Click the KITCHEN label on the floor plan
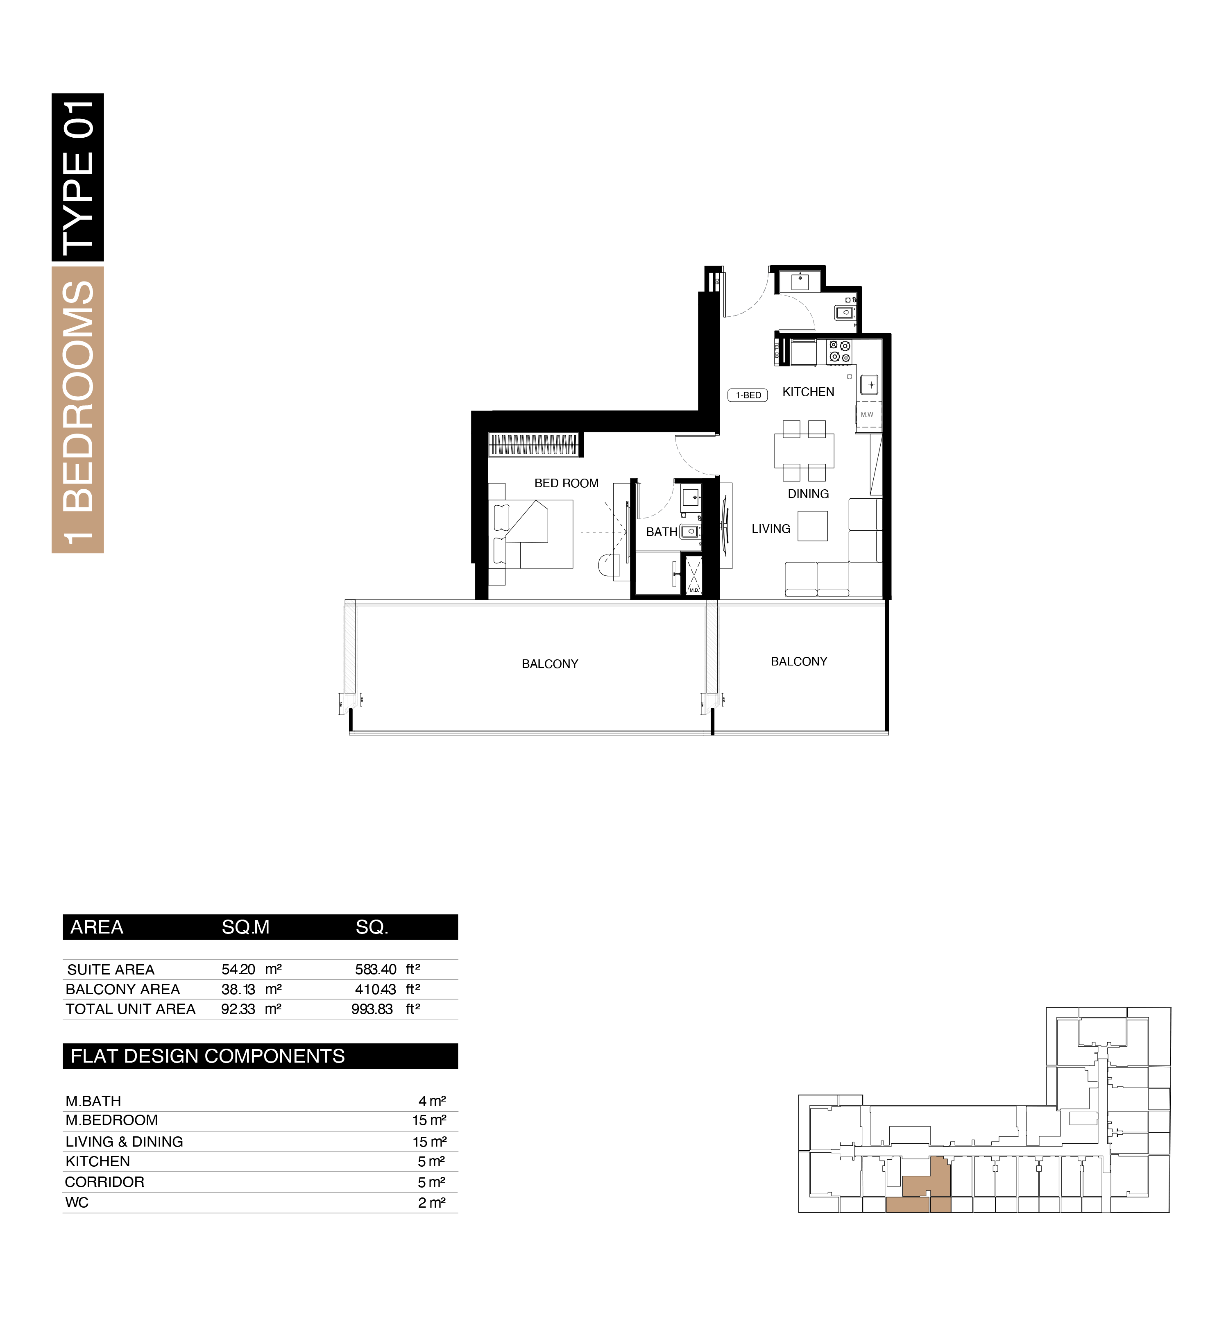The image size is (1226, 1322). point(808,391)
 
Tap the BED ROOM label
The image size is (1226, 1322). point(567,483)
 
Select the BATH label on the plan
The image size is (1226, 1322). point(662,532)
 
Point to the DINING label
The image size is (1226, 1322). point(808,494)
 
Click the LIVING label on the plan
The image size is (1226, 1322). point(771,529)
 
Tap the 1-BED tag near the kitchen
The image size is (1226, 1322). point(748,395)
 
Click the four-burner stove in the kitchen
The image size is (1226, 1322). point(839,352)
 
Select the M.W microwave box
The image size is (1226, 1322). point(868,414)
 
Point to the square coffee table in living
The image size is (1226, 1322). point(813,526)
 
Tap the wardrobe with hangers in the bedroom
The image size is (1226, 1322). point(534,444)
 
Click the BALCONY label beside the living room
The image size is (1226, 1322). point(799,662)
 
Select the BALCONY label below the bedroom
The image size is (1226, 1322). point(550,663)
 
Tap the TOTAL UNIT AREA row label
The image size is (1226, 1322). point(131,1009)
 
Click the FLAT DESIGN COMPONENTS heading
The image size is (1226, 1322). point(208,1056)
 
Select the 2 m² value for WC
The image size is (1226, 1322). point(432,1202)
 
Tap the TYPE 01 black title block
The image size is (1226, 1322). point(77,177)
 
